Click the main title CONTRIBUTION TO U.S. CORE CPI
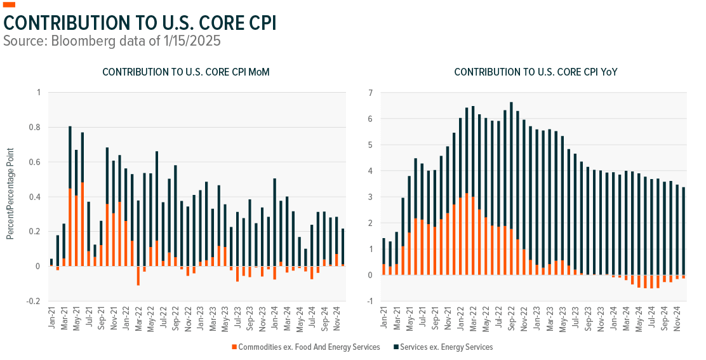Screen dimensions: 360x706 [x=140, y=23]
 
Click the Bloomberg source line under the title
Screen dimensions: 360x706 [x=112, y=41]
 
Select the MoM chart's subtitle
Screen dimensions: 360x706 [x=185, y=72]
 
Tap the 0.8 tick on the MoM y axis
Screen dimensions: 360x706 [x=36, y=128]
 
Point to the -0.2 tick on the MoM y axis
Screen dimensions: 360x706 [x=34, y=302]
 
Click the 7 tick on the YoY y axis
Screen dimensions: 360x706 [x=370, y=93]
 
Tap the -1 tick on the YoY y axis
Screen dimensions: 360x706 [x=368, y=302]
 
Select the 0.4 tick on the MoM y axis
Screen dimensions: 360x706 [x=36, y=197]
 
